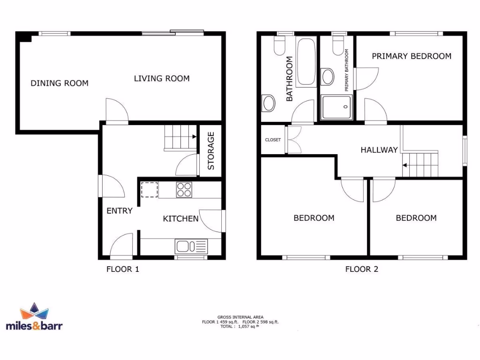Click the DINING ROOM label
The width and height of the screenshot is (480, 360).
60,83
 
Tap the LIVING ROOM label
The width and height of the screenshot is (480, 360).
162,78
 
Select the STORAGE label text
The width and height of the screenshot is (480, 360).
211,151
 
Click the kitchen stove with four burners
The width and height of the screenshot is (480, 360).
184,190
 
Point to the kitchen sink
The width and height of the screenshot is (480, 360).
191,246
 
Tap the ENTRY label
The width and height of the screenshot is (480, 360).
120,211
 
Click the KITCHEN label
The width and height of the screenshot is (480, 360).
180,218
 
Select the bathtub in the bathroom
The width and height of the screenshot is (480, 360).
307,62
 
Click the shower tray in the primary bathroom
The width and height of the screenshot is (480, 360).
336,107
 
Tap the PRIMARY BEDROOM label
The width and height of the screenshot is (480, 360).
412,56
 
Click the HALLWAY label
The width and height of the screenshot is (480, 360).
379,150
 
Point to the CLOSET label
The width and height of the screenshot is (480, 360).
273,140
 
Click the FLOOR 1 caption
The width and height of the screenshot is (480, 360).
123,269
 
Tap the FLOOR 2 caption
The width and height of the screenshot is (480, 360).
361,269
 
